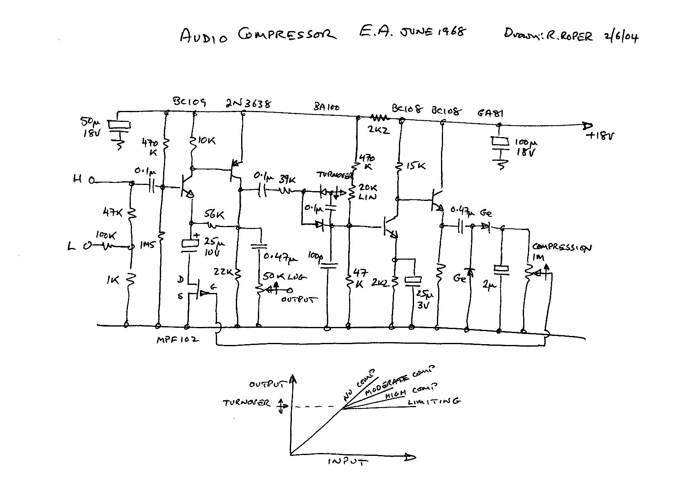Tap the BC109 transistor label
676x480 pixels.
point(189,102)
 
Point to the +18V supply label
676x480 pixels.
point(600,136)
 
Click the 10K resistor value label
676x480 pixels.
point(206,141)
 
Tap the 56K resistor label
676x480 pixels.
point(219,214)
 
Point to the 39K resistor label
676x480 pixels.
point(288,179)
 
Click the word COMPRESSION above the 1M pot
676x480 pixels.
point(562,248)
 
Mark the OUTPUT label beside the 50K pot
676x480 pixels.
point(299,300)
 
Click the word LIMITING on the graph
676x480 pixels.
point(434,401)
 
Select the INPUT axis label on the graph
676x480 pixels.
point(348,461)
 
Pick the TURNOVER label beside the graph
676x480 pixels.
point(246,403)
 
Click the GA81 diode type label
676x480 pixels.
point(491,112)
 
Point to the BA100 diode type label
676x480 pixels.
point(327,108)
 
